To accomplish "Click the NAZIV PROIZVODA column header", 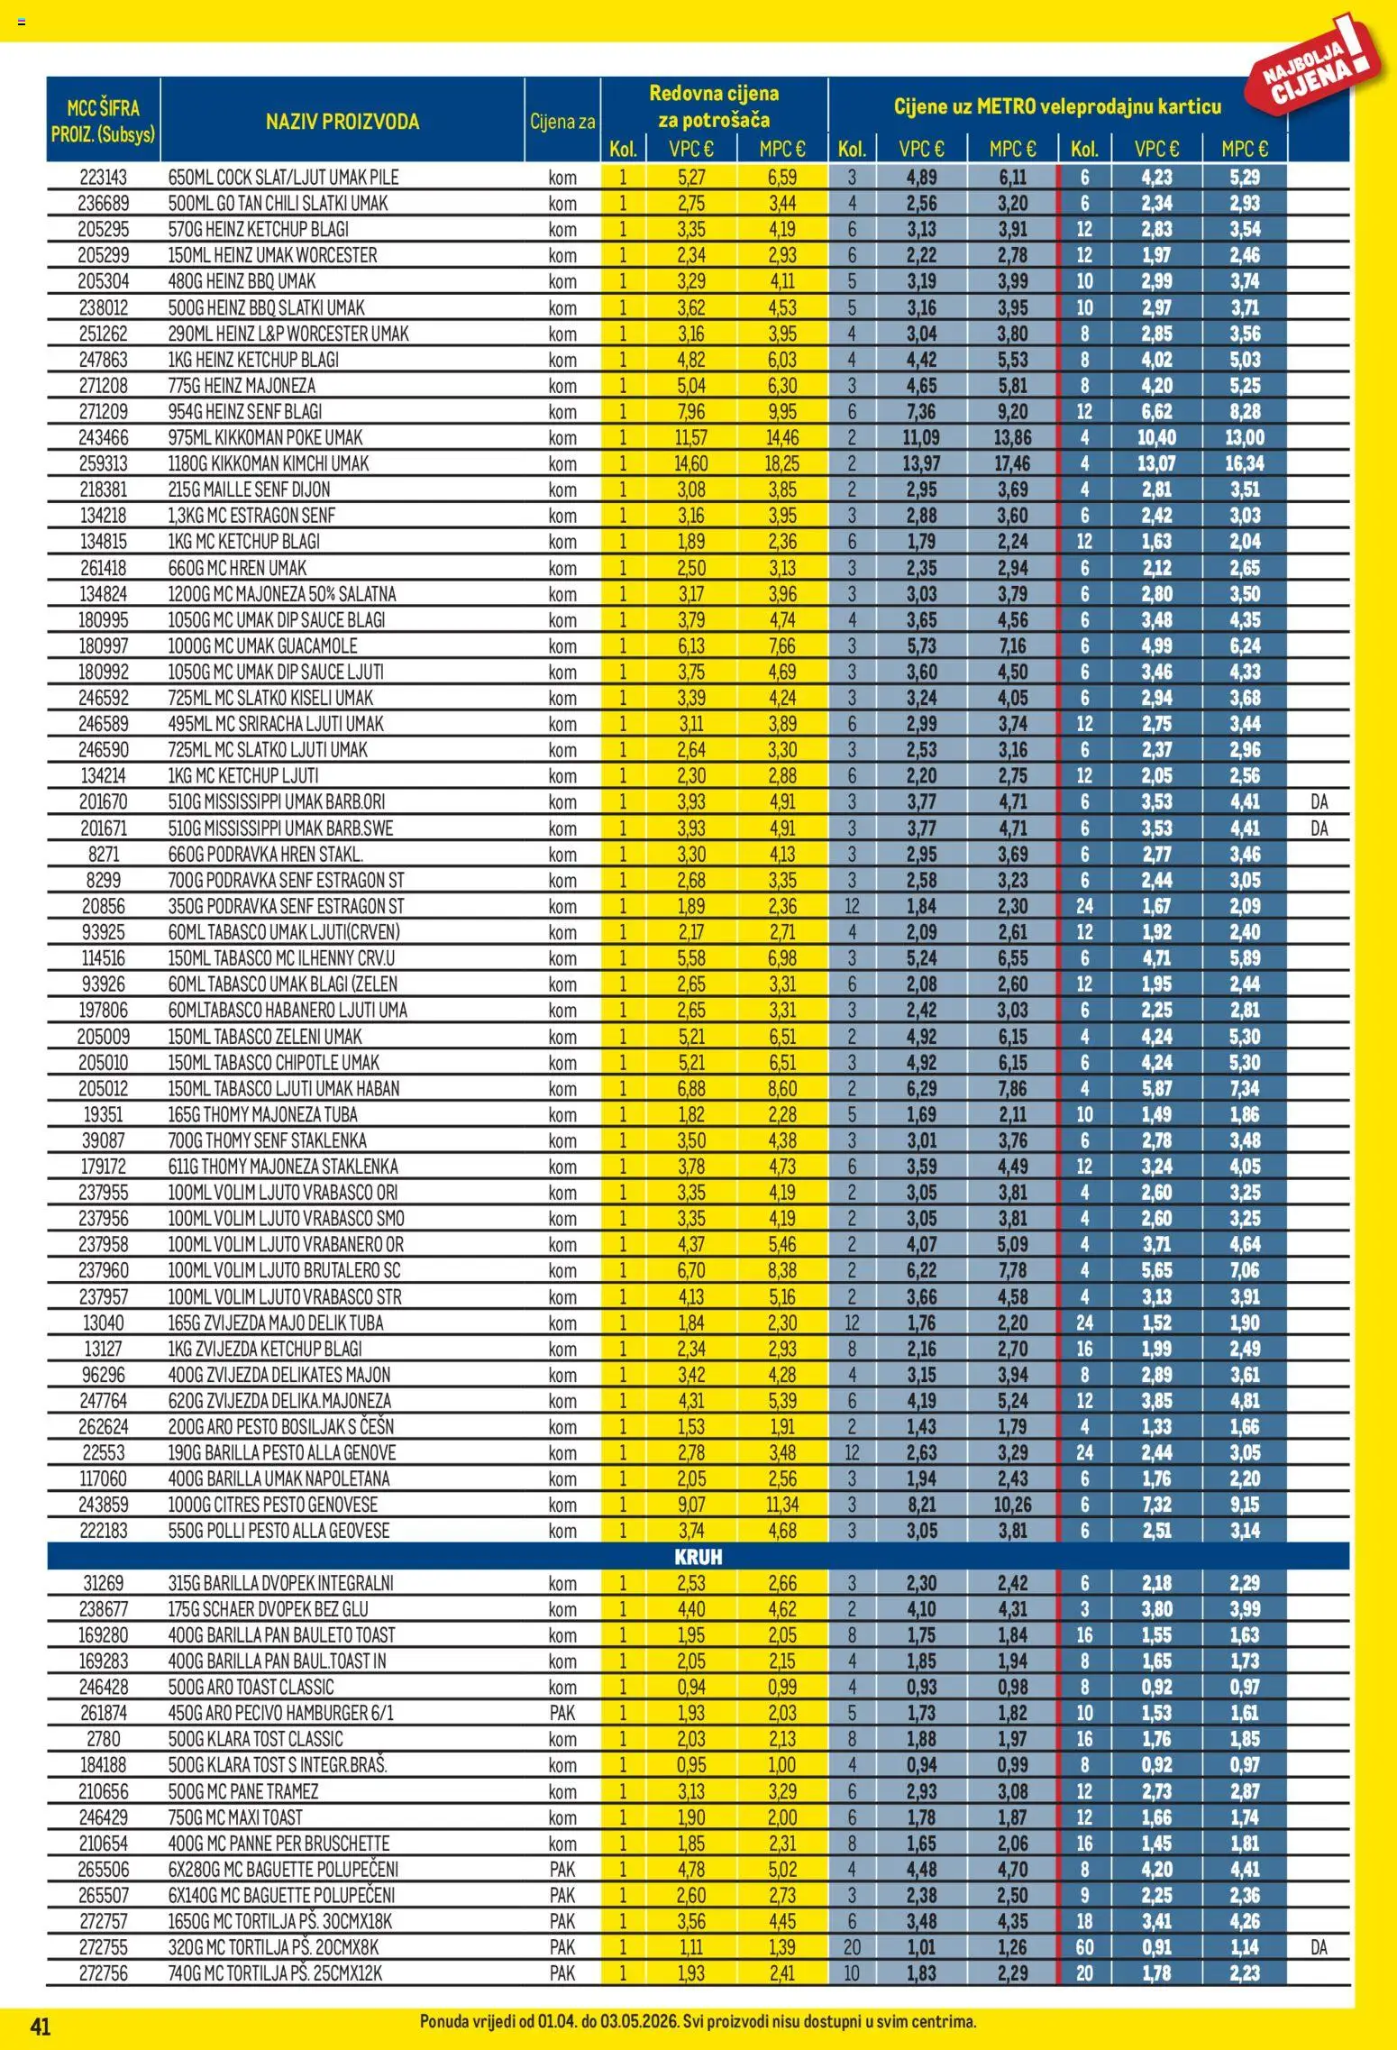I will click(x=342, y=122).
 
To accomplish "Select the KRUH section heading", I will click(x=698, y=1557).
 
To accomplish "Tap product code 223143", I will click(x=103, y=178).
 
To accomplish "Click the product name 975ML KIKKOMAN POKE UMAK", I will click(x=265, y=438).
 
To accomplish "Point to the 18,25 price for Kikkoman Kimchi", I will click(x=781, y=464).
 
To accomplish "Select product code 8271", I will click(x=103, y=855).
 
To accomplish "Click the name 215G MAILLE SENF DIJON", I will click(x=249, y=490).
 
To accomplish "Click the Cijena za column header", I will click(x=562, y=122).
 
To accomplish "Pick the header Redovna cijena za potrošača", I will click(x=714, y=106).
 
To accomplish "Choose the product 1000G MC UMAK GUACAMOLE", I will click(x=262, y=646).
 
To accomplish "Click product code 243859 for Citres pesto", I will click(x=103, y=1505).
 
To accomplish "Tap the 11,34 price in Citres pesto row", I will click(x=781, y=1505).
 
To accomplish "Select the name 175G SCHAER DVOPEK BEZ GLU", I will click(x=268, y=1609).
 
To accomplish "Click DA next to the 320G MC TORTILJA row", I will click(x=1319, y=1947).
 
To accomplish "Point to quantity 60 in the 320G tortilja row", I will click(x=1084, y=1947).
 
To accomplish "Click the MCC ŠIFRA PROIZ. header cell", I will click(x=103, y=122).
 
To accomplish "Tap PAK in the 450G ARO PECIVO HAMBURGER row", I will click(x=562, y=1713).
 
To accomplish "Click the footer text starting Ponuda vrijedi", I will click(x=698, y=2022).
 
